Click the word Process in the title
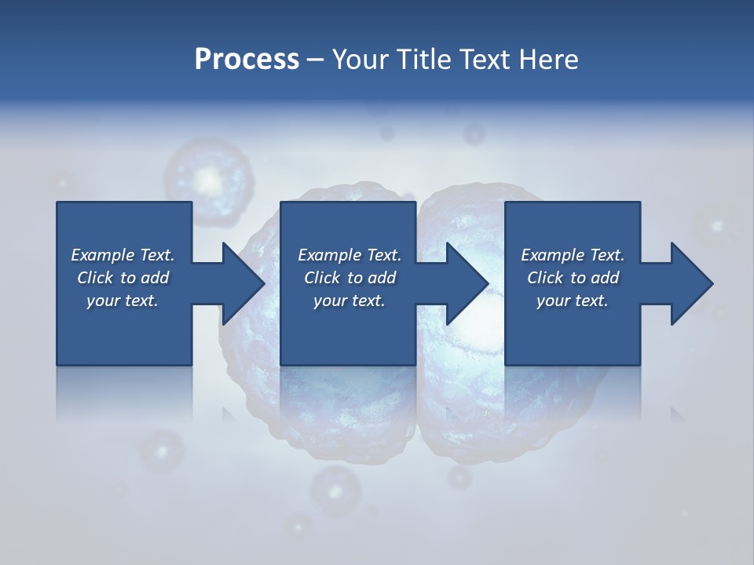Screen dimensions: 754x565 point(247,60)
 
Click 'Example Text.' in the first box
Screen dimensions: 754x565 point(123,255)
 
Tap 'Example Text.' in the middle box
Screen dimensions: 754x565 point(350,255)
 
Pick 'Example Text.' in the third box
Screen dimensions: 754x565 point(573,255)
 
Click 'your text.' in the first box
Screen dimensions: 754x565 point(123,301)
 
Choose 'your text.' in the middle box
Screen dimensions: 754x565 point(350,301)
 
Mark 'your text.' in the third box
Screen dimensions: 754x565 point(573,301)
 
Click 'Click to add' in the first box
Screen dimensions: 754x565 point(123,278)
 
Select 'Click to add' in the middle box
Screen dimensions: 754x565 point(350,278)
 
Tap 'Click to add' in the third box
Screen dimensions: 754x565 point(573,278)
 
